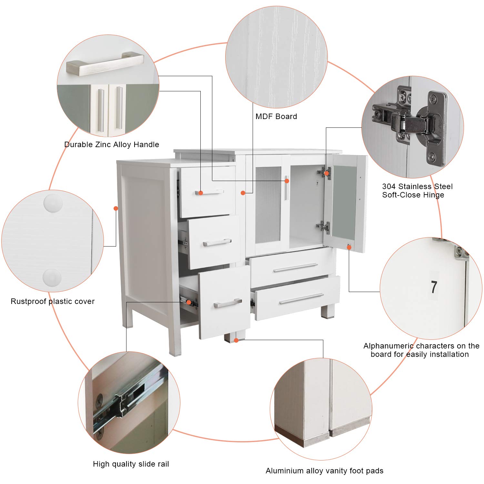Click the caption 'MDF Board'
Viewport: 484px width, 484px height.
coord(276,116)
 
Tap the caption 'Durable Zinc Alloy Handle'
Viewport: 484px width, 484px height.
coord(112,145)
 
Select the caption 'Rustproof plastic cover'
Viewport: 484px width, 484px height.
coord(53,301)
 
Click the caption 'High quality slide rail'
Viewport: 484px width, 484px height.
coord(131,464)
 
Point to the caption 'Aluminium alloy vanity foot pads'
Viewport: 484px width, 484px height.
coord(325,471)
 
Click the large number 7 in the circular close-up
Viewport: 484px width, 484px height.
coord(434,287)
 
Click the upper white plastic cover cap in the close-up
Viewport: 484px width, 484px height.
coord(53,202)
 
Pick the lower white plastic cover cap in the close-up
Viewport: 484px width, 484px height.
coord(52,277)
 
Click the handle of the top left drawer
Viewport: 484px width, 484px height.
coord(209,192)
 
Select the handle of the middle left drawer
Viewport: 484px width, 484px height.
coord(217,243)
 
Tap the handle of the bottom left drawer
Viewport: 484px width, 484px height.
coord(227,303)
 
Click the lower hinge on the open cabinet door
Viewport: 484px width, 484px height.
coord(324,227)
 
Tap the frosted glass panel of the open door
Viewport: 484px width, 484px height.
coord(344,203)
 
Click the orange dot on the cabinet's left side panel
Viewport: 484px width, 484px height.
coord(116,208)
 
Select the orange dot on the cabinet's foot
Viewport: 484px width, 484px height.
coord(236,340)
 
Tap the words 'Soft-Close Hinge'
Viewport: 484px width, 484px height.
coord(413,195)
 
